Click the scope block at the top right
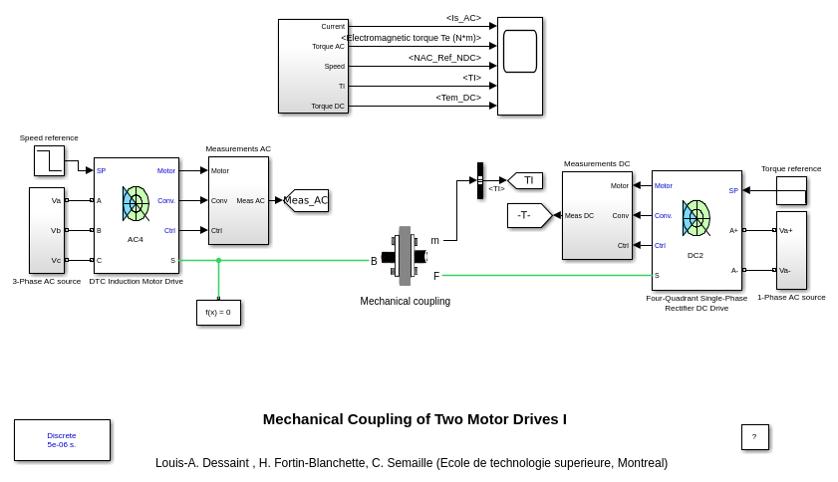(x=520, y=66)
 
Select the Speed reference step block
(x=49, y=160)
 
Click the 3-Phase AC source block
(x=47, y=230)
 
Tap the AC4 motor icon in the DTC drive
(x=136, y=204)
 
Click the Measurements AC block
(x=238, y=200)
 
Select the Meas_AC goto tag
(x=306, y=200)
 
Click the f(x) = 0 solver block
(x=218, y=313)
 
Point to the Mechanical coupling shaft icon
(x=404, y=256)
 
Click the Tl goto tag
(x=526, y=180)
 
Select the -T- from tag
(x=528, y=215)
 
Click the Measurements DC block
(x=597, y=215)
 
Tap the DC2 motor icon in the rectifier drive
(x=696, y=218)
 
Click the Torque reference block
(x=791, y=190)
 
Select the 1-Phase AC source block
(x=791, y=250)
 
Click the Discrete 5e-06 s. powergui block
(x=62, y=440)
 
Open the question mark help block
(x=754, y=437)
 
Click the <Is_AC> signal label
(x=463, y=18)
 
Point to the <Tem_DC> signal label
(x=458, y=98)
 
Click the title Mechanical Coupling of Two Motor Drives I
(x=415, y=419)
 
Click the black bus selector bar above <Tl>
(x=479, y=180)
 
